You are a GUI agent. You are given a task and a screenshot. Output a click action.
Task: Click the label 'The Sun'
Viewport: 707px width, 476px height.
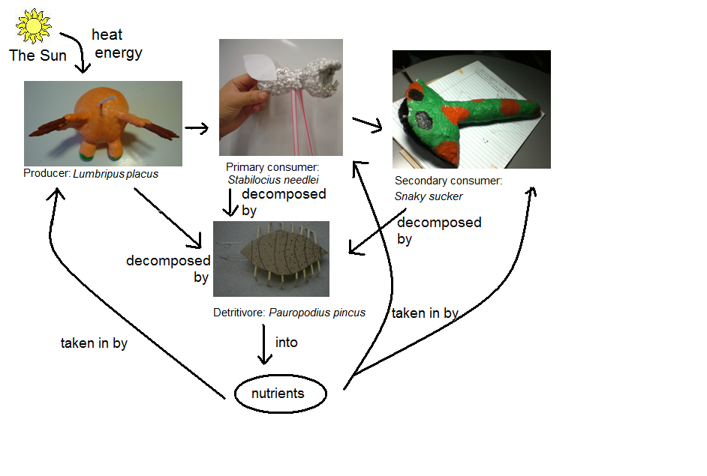[x=38, y=56]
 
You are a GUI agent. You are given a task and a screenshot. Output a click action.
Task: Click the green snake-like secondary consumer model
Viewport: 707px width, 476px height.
[x=465, y=112]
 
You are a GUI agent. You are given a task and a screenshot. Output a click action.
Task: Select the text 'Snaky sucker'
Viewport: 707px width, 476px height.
[x=429, y=196]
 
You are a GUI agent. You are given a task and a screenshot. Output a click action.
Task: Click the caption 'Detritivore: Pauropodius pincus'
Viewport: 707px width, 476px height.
[x=289, y=312]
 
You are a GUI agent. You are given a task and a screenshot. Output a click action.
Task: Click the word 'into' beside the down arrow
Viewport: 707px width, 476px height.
[x=287, y=343]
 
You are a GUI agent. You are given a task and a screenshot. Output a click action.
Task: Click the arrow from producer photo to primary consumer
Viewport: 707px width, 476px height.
[x=197, y=129]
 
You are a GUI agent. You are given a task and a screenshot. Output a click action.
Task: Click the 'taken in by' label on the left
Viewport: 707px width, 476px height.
[x=94, y=343]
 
